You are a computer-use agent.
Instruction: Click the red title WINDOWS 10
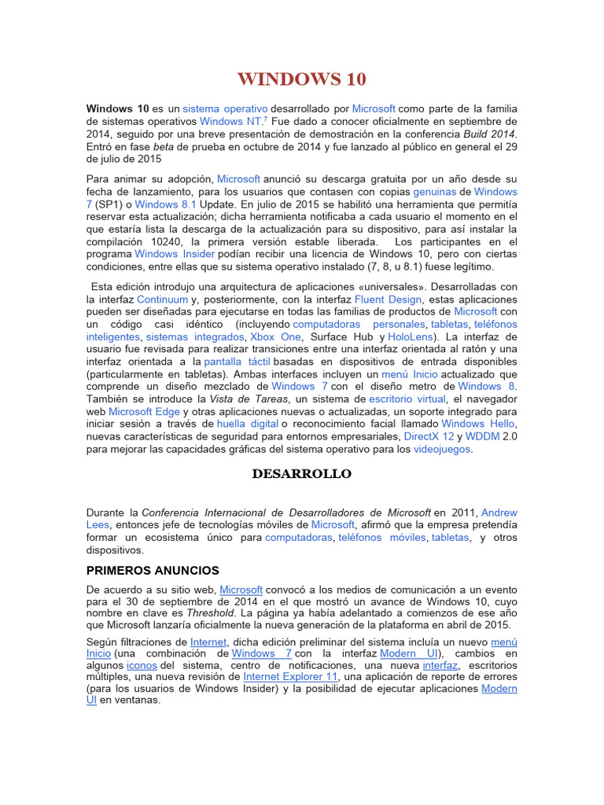tap(302, 79)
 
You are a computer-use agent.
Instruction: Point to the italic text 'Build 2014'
tap(485, 135)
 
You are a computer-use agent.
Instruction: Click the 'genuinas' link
tap(441, 191)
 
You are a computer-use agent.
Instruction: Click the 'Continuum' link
tap(163, 300)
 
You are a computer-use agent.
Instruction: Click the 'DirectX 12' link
tap(429, 436)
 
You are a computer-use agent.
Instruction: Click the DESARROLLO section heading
tap(302, 474)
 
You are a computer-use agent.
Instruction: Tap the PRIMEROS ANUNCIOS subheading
tap(153, 570)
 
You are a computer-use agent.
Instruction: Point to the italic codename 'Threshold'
tap(191, 612)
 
